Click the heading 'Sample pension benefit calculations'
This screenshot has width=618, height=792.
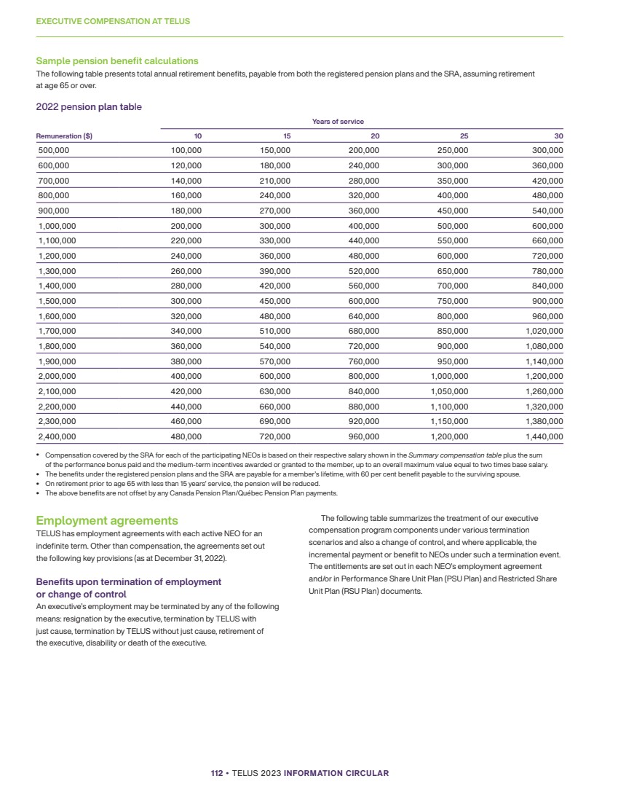pos(117,61)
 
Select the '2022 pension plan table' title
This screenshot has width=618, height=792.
pos(89,107)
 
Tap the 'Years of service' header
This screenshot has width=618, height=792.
pos(338,122)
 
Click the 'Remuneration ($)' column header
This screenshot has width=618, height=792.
pos(64,136)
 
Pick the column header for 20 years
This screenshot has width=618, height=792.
pos(374,136)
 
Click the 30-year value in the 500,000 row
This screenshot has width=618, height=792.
pos(547,150)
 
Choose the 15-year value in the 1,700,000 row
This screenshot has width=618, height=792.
pos(275,332)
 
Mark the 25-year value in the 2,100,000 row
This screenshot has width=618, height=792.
pos(450,392)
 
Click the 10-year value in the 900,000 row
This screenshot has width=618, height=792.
pos(186,211)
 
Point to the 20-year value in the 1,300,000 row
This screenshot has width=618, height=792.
pos(364,271)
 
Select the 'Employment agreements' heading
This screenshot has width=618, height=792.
pos(107,521)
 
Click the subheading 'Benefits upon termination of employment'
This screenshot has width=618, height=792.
pos(128,582)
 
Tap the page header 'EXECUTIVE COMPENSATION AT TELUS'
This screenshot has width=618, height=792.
pos(113,22)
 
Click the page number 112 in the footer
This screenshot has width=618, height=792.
pos(216,773)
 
